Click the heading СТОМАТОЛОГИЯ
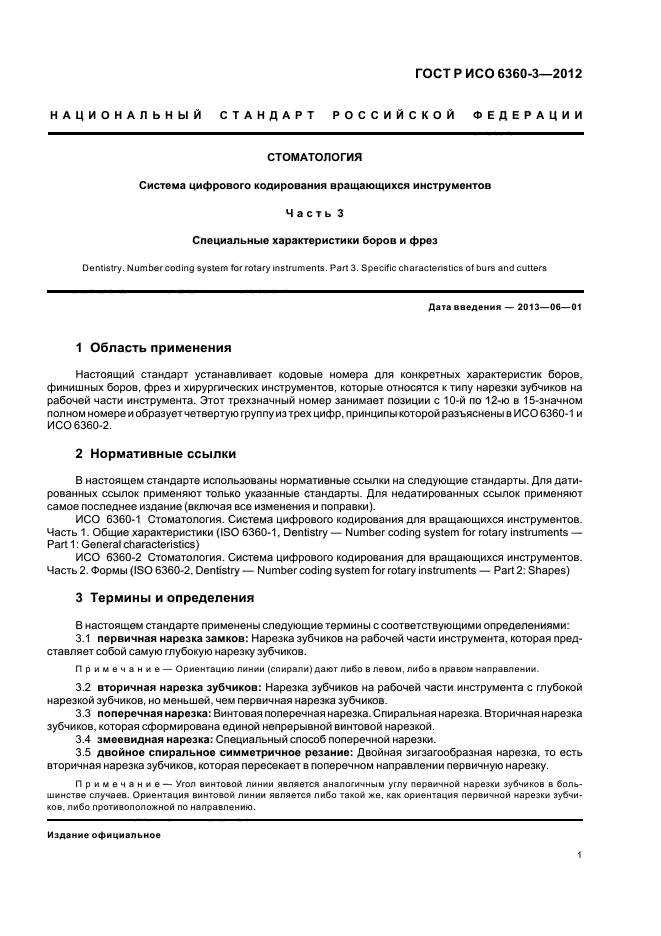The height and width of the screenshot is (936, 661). (x=315, y=157)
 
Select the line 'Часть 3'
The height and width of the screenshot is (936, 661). (x=315, y=212)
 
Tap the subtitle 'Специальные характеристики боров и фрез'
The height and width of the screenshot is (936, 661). (x=315, y=240)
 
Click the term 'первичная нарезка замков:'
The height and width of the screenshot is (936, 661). (x=172, y=637)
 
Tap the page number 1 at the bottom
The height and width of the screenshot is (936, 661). (x=580, y=855)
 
